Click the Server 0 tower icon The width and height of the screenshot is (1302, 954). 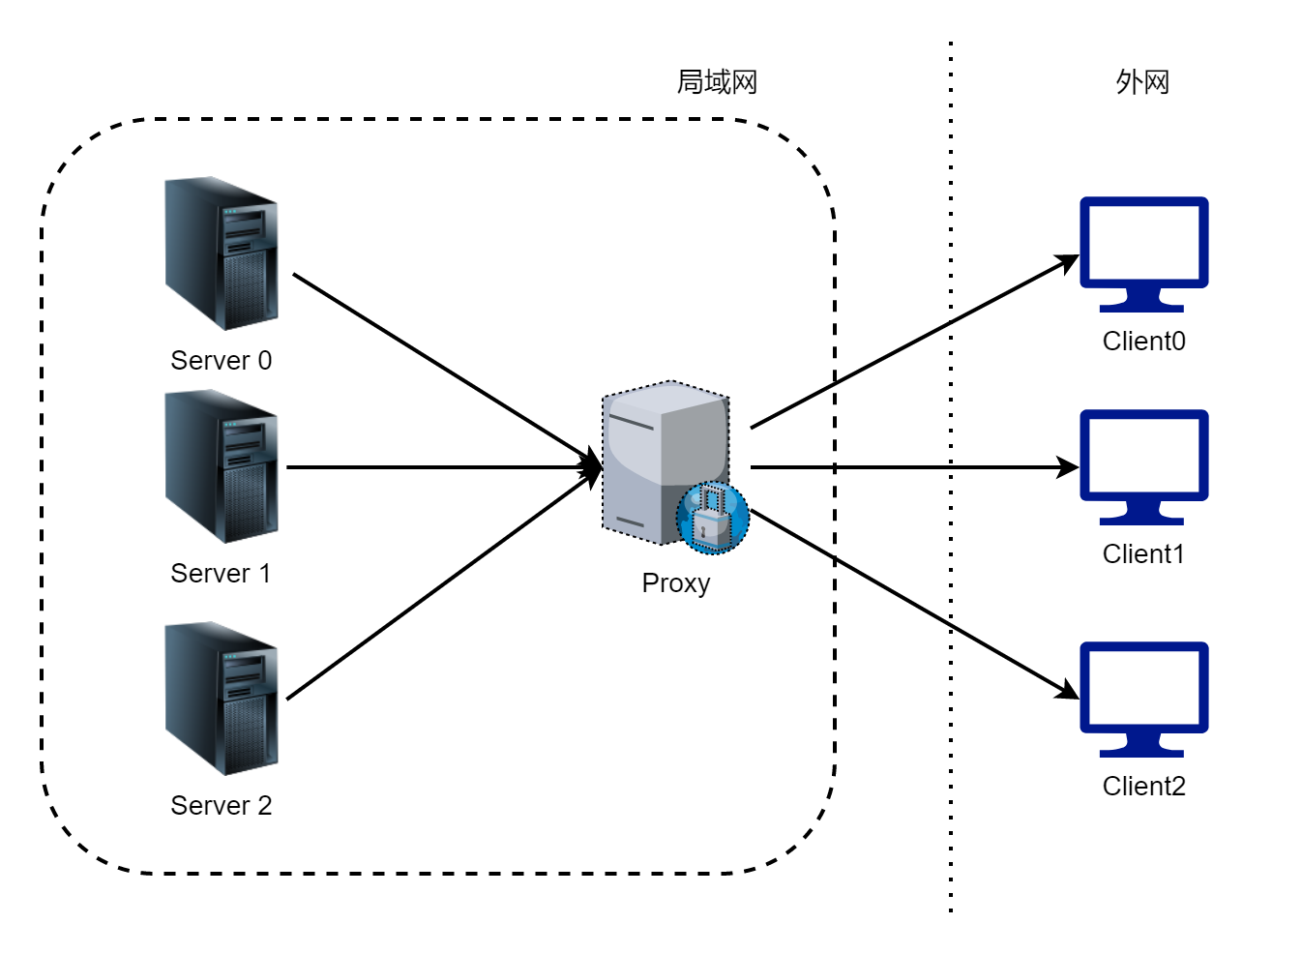[222, 254]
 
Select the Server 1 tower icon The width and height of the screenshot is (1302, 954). [222, 467]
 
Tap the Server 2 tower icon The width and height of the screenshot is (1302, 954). [222, 700]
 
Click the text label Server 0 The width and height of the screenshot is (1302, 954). [222, 361]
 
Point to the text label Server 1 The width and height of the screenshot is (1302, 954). [221, 574]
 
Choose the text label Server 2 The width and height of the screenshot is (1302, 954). [222, 806]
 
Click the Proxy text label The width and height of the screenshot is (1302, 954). [676, 584]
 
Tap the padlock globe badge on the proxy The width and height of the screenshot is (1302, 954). [713, 519]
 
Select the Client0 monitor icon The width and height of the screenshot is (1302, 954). [1145, 254]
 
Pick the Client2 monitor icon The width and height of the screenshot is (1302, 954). [1145, 700]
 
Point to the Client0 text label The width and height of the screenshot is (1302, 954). [1144, 342]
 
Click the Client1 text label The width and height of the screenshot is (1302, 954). [1144, 554]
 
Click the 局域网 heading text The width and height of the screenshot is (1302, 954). [718, 82]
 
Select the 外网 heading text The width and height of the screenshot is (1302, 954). [1142, 82]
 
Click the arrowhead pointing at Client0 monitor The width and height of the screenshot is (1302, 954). [1068, 263]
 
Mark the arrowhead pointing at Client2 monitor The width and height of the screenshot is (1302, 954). [1068, 691]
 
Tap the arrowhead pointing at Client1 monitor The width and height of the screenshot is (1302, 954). [1068, 467]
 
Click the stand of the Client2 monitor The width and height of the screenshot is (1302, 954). [1142, 746]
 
